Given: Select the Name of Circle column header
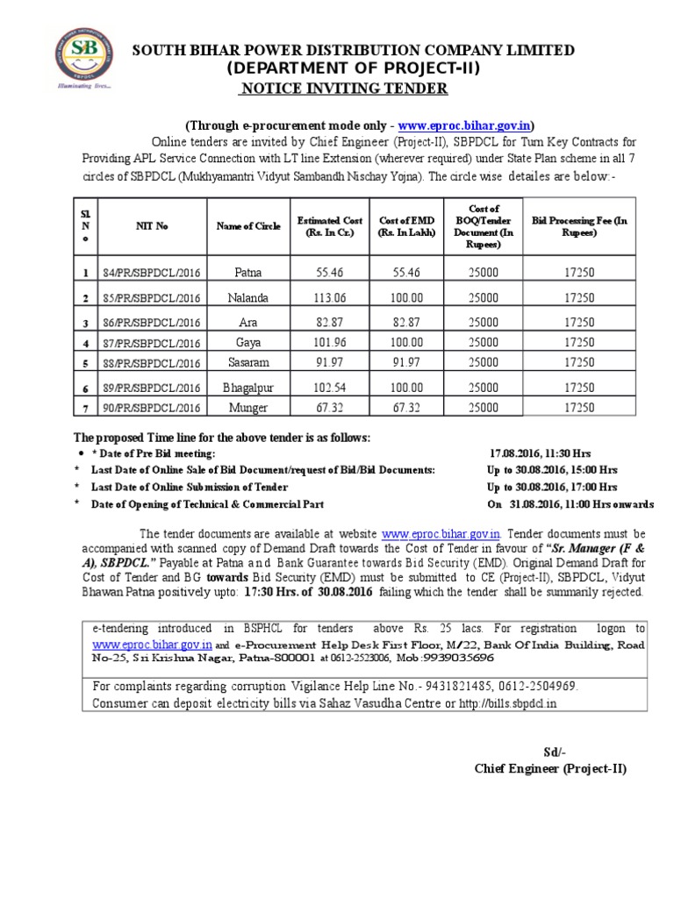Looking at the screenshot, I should coord(248,226).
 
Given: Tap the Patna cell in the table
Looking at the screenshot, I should coord(248,274).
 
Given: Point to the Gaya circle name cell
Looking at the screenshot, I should coord(248,343).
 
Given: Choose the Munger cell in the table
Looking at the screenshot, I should coord(248,408).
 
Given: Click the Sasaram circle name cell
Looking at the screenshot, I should coord(248,361).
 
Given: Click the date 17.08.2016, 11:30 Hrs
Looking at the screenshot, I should coord(540,453).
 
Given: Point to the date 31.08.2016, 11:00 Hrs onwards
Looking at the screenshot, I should coord(570,504).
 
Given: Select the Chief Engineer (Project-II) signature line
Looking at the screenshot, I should coord(550,769).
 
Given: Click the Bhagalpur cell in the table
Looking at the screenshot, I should coord(248,387).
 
